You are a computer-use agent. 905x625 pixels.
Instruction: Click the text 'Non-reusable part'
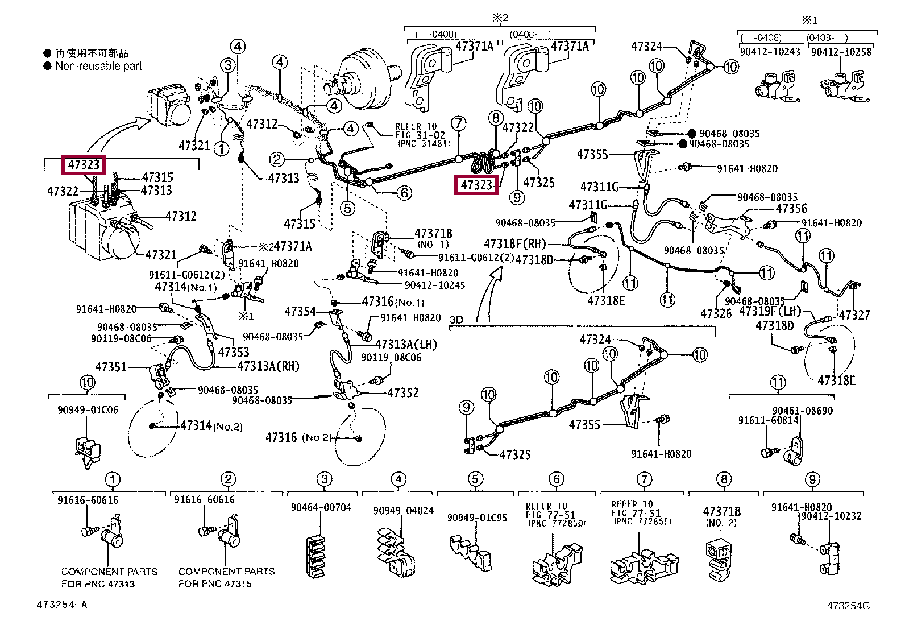[98, 66]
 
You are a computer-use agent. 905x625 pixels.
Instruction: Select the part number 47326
[716, 313]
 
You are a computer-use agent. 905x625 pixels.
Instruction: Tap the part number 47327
[854, 314]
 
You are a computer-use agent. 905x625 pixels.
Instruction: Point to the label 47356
[791, 208]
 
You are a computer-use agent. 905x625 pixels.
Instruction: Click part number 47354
[300, 311]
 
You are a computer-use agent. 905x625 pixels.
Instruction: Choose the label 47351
[111, 367]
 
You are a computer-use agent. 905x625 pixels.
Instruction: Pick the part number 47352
[403, 392]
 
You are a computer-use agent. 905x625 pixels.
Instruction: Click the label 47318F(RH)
[514, 243]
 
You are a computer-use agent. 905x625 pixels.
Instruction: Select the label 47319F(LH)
[770, 311]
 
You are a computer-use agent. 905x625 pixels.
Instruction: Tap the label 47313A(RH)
[269, 366]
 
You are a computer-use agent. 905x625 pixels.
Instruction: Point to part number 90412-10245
[435, 285]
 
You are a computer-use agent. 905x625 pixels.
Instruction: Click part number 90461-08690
[802, 411]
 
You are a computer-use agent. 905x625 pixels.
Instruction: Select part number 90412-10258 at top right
[841, 52]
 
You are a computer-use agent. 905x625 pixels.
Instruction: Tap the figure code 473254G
[848, 605]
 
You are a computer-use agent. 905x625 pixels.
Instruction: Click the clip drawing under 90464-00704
[315, 556]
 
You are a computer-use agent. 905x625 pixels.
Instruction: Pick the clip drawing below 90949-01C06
[87, 452]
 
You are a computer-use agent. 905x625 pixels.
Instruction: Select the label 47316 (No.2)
[298, 437]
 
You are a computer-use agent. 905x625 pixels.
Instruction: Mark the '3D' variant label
[456, 320]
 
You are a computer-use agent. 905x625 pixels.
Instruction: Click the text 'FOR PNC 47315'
[215, 583]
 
